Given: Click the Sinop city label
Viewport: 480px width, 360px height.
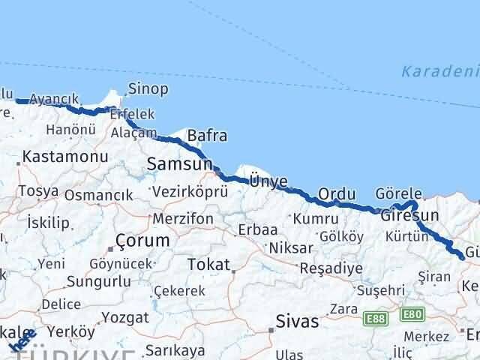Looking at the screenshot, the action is pos(148,89).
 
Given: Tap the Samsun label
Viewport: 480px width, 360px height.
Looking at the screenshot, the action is pos(178,163).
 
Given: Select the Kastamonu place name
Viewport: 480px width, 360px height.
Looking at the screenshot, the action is pos(65,157).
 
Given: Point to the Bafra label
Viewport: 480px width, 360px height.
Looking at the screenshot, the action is pos(207,136).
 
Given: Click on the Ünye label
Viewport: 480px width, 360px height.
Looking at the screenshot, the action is pos(268,181).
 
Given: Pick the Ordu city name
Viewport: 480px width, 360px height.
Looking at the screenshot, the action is pos(337,193).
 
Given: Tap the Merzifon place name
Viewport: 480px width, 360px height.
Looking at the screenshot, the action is pos(182,219).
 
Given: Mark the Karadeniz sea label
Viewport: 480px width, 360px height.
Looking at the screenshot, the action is pos(439,71).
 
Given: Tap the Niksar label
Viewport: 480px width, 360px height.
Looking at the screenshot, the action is pos(290,247).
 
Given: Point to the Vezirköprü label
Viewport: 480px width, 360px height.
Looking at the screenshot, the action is pos(190,192).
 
